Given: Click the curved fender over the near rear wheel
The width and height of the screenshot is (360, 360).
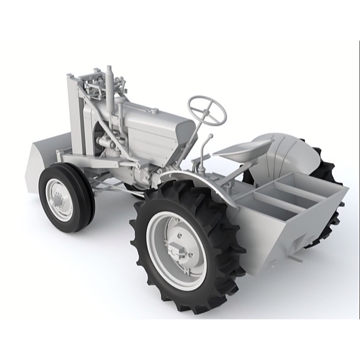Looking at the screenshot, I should coord(198,180).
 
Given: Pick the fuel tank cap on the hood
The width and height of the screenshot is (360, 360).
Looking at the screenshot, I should coord(154,111).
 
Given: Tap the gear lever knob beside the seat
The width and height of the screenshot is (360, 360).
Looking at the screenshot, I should coord(210,136).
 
